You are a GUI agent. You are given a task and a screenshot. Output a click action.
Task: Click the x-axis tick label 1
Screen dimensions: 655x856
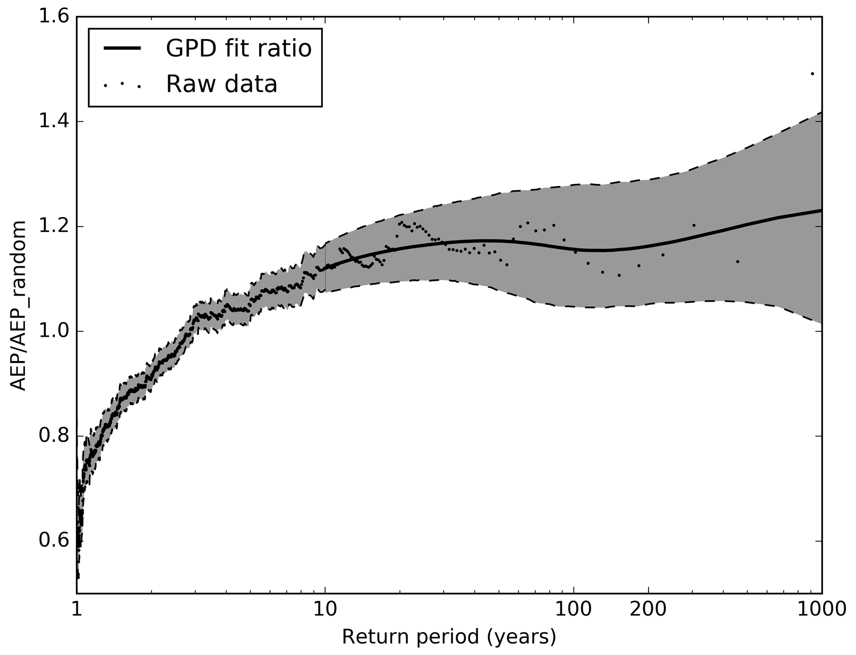(x=77, y=609)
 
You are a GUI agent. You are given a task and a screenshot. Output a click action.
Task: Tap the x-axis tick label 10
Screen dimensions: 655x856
(x=325, y=609)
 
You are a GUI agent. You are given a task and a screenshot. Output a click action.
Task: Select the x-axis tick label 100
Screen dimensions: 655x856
(x=574, y=609)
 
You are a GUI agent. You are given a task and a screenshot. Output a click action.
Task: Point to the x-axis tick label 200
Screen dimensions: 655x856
(x=648, y=609)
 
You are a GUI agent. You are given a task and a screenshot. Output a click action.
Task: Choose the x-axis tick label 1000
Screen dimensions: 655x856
(x=822, y=609)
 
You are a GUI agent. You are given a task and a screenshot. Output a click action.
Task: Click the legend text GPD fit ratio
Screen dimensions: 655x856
(x=239, y=49)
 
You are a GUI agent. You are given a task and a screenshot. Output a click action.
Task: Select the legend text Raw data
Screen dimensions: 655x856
(x=222, y=84)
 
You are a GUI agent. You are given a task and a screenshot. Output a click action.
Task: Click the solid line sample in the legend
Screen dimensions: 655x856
(x=123, y=48)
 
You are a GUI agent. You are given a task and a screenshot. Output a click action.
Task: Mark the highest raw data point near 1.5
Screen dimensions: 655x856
(x=812, y=74)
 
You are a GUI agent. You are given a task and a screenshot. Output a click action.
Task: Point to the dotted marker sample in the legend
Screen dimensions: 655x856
(x=123, y=84)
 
